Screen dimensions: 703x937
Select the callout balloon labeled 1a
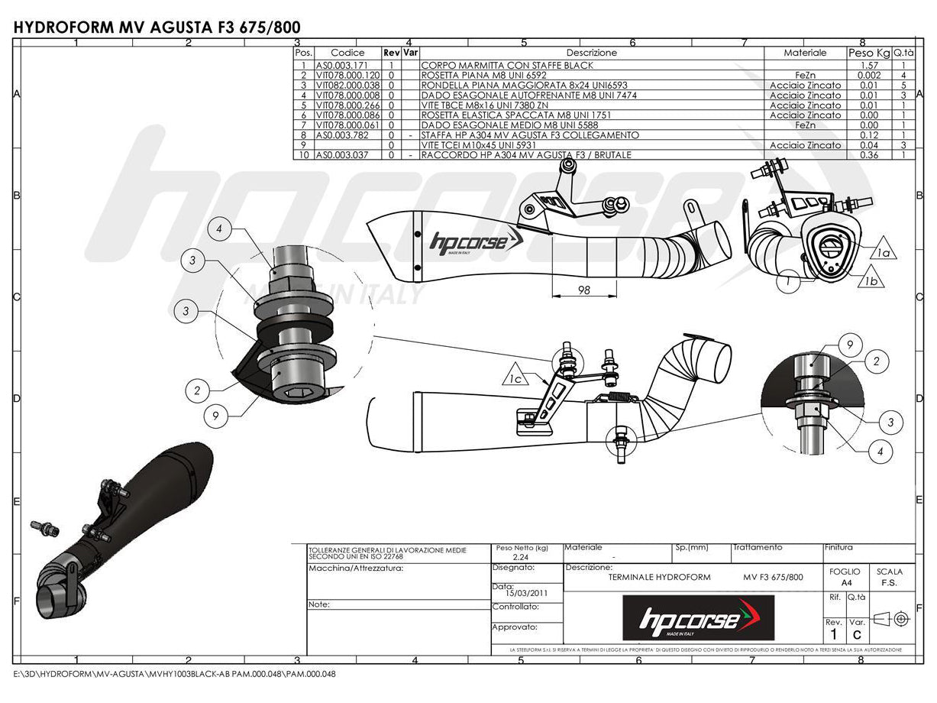click(884, 251)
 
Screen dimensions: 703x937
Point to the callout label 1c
click(517, 377)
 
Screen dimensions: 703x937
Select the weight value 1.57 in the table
click(869, 66)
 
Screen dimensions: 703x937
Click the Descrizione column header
click(591, 53)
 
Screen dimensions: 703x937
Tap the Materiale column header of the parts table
click(805, 53)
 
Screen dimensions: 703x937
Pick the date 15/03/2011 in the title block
click(526, 592)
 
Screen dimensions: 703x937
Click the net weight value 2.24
click(522, 558)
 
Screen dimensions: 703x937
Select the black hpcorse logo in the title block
click(698, 617)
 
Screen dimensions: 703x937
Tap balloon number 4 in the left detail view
click(219, 229)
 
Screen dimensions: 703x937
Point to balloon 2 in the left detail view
click(197, 390)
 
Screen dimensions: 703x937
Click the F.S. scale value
click(889, 582)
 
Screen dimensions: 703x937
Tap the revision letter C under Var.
click(857, 634)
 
